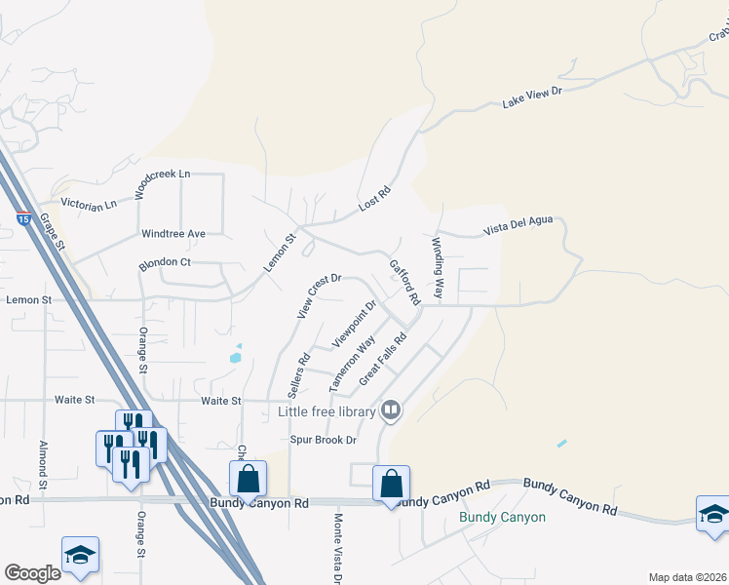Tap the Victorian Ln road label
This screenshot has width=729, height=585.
tap(89, 204)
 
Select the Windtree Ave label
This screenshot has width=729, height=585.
tap(173, 234)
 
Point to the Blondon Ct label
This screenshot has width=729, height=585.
tap(165, 262)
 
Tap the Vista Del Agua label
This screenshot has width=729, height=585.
tap(518, 226)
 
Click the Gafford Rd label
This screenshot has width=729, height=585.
tap(403, 281)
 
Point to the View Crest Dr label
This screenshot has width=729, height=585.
tap(318, 295)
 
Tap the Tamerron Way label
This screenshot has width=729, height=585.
tap(352, 364)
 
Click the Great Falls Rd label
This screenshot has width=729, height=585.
tap(382, 361)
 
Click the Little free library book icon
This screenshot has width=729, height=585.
tap(390, 411)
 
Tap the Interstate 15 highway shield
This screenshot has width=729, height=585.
tap(22, 218)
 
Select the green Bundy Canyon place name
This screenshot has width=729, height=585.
tap(502, 517)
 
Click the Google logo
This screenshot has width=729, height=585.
tap(32, 573)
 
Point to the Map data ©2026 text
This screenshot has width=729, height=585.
tap(686, 577)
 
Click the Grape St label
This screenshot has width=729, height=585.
tap(51, 233)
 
